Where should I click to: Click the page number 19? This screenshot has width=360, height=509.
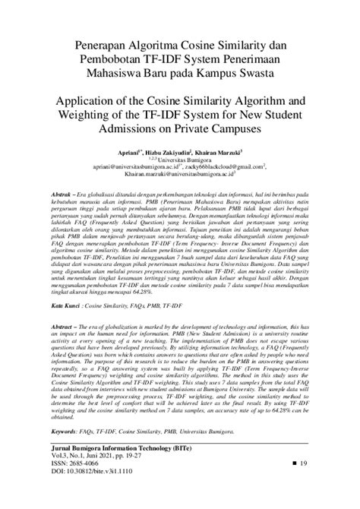pyautogui.click(x=301, y=484)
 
